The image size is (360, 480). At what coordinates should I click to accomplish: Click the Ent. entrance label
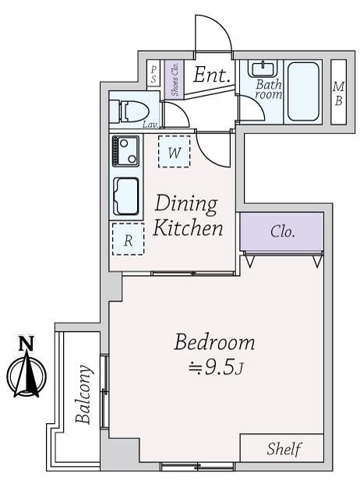point(211,75)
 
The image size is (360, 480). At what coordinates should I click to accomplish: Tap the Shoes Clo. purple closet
point(175,79)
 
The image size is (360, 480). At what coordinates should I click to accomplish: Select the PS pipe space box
point(154,74)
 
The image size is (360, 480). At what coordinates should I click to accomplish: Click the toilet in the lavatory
point(129,111)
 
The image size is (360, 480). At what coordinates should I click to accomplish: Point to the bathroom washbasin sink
point(263,69)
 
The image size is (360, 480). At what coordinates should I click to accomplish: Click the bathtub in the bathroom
point(303,91)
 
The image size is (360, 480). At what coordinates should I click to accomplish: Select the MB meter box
point(338,92)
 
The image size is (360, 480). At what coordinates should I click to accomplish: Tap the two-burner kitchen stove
point(125,151)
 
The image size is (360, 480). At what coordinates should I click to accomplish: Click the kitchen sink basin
point(126,196)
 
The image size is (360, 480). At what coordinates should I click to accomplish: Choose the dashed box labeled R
point(129,239)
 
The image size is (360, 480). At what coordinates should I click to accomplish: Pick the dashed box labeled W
point(175,152)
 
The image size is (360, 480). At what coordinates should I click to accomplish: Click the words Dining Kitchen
point(188,216)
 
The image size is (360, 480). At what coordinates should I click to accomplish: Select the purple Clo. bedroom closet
point(281,231)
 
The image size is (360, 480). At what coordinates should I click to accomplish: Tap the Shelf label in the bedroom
point(284,449)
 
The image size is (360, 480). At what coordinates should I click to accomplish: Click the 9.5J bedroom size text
point(216,366)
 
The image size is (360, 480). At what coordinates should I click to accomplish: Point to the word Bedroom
point(214,342)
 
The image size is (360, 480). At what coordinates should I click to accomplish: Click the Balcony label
point(83,394)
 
